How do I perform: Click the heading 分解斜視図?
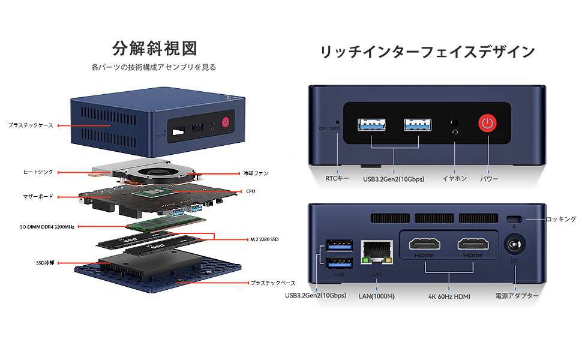154,48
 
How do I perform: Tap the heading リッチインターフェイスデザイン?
427,52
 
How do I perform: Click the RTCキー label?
337,178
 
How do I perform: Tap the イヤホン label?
454,178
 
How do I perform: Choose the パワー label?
490,178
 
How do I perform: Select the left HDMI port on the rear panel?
425,245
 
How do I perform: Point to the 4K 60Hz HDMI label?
449,296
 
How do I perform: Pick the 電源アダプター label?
517,296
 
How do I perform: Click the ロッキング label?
561,220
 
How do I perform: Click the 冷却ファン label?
255,173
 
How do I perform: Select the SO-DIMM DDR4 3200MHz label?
47,227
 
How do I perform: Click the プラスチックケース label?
31,125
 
